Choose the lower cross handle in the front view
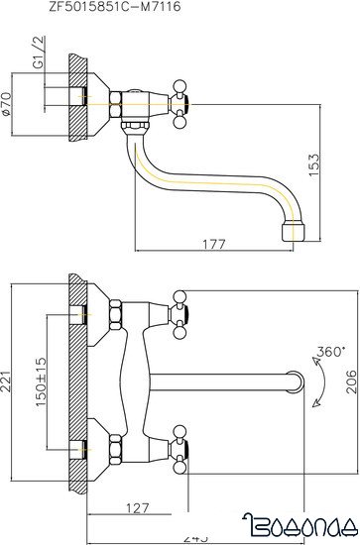[180, 440]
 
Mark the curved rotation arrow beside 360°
[317, 381]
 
